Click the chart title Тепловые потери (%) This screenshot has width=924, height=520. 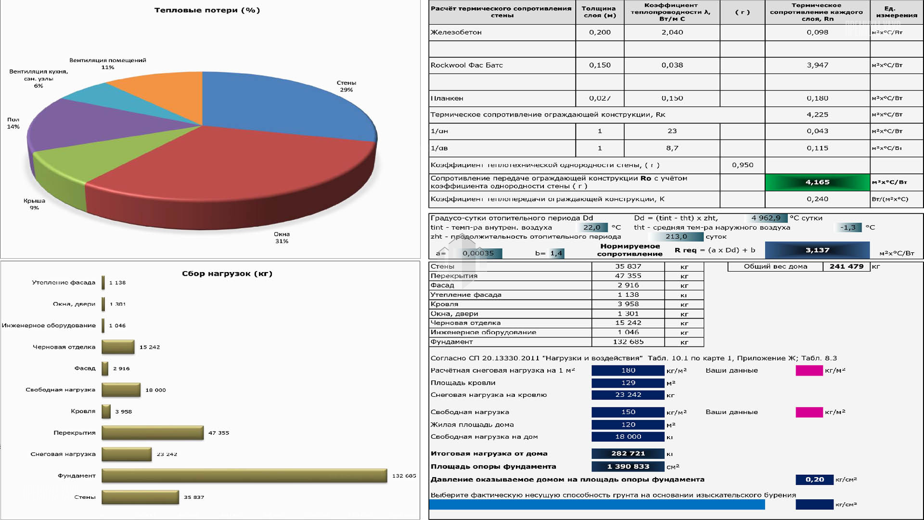pos(207,10)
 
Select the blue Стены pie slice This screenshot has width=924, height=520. pos(279,106)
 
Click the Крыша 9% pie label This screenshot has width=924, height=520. pos(34,204)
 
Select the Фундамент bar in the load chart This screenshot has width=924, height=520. pos(244,476)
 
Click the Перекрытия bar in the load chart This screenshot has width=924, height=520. pos(152,433)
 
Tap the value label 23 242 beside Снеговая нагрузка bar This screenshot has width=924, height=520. pos(167,454)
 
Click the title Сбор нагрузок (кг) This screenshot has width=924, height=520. pos(227,273)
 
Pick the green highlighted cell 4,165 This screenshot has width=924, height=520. pos(817,182)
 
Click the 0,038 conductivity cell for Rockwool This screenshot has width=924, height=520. pos(672,65)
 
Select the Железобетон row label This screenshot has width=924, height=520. pos(456,32)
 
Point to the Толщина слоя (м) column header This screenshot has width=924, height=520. pos(599,12)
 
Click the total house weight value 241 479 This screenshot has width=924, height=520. pos(846,266)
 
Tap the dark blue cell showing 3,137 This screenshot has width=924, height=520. pos(817,250)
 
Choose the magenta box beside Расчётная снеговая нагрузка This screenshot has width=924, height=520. pos(809,370)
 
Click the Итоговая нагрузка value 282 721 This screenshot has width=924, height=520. pos(628,454)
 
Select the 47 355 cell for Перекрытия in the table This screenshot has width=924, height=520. pos(628,276)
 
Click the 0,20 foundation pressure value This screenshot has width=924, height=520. pos(814,480)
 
